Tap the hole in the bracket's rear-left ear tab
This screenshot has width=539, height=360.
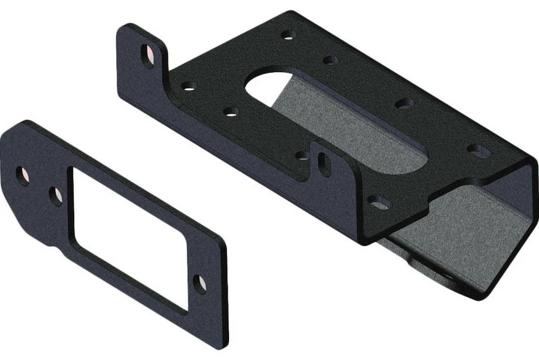tap(148, 57)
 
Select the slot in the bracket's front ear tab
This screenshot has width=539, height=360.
tap(325, 165)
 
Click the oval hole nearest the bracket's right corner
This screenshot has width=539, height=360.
tap(478, 152)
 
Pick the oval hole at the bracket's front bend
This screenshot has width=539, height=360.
tap(379, 203)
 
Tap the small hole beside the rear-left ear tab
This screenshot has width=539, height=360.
tap(188, 85)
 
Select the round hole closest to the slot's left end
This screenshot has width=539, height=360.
tap(231, 111)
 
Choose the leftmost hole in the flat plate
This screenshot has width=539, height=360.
tap(23, 175)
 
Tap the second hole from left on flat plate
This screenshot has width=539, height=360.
tap(56, 195)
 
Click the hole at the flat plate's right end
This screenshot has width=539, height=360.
tap(201, 283)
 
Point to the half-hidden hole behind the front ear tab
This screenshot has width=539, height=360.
tap(302, 155)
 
